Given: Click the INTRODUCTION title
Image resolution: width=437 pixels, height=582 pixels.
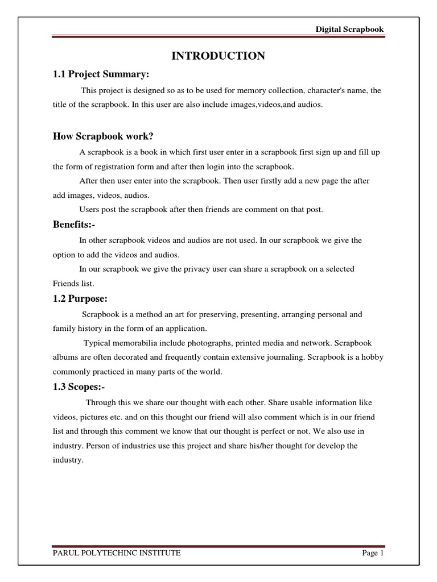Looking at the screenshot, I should point(218,56).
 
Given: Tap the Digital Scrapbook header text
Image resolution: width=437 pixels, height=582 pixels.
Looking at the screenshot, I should point(351,30).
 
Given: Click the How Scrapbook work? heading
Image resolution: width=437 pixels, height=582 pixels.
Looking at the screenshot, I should point(104,136).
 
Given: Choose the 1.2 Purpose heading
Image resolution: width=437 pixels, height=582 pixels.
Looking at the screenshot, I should point(80,299).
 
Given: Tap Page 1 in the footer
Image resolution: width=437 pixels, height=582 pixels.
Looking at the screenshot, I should point(373,554).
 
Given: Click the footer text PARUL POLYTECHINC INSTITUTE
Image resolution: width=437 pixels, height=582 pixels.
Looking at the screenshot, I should point(117,554).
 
